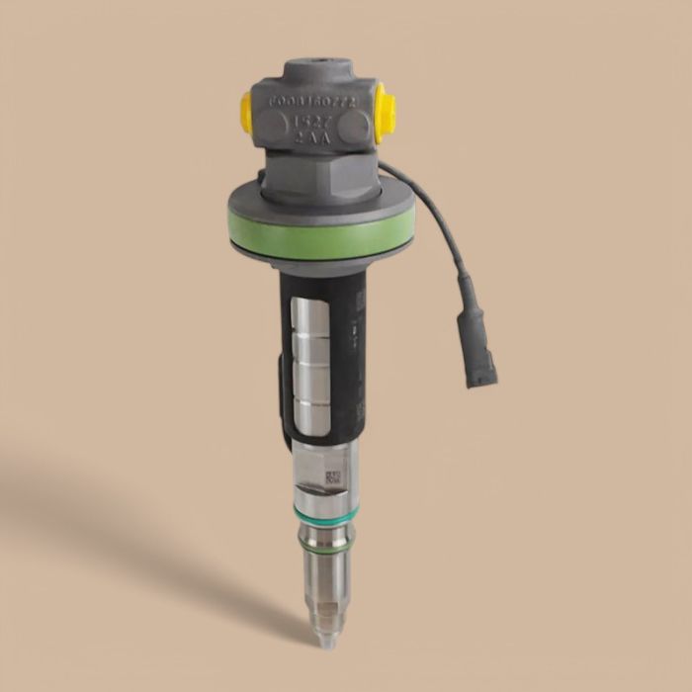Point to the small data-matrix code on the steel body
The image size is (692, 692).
coord(333,478)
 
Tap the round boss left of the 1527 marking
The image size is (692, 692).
coord(266,125)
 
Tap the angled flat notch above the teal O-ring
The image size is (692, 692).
coord(315,483)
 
